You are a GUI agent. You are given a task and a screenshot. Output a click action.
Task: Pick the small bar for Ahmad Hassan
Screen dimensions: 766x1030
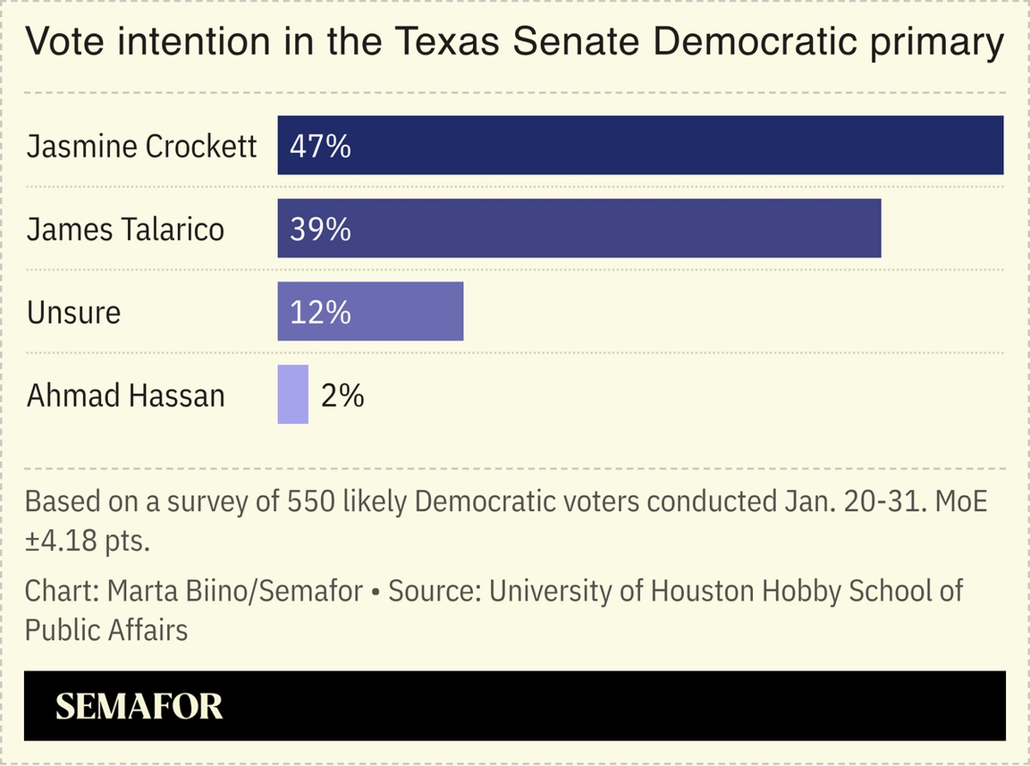coord(292,394)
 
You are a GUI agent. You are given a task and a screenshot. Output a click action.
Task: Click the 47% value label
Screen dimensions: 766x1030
coord(320,147)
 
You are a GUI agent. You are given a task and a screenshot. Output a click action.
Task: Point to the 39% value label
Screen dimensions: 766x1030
coord(320,230)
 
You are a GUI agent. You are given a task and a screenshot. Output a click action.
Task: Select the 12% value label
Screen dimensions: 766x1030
coord(320,313)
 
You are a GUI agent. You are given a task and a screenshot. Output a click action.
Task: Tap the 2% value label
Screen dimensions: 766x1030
coord(342,395)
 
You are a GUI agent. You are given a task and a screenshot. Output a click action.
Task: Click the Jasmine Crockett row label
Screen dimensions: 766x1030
coord(141,147)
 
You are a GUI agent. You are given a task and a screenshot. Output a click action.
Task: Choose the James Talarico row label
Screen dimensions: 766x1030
coord(125,230)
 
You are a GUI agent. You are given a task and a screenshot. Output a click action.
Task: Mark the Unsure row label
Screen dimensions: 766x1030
coord(73,313)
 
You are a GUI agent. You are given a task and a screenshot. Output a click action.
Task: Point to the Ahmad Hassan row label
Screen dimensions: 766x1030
coord(125,395)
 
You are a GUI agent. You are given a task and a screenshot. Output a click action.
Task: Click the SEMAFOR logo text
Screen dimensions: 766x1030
coord(139,707)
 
